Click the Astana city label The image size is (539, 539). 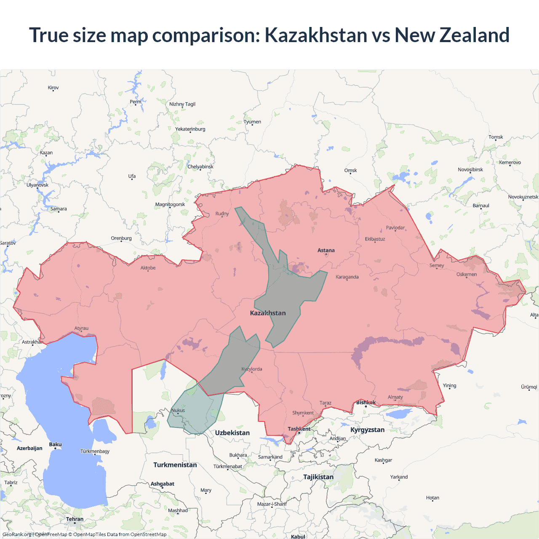coord(326,250)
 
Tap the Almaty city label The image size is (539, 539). coord(395,397)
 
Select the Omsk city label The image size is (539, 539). coord(350,171)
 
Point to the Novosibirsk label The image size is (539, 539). coord(470,170)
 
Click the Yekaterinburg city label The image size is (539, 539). coord(190,129)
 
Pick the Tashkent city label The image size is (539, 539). coord(299,429)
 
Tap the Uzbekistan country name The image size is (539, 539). coord(232,433)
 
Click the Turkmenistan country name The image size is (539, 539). coord(175,465)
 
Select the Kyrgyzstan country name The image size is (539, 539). coord(367,430)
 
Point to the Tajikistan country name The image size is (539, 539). coord(318,477)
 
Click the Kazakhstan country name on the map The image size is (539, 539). coord(268,313)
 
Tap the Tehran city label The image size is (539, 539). coord(75,519)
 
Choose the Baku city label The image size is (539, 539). coord(55,445)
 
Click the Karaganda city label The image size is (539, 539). coord(347,277)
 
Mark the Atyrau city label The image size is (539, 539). coord(81,328)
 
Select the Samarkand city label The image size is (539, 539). coord(270,457)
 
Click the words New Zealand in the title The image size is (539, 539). coord(452,35)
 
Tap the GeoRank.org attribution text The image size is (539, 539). coord(17,534)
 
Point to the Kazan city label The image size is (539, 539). coord(46,153)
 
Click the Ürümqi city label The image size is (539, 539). coord(529,387)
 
